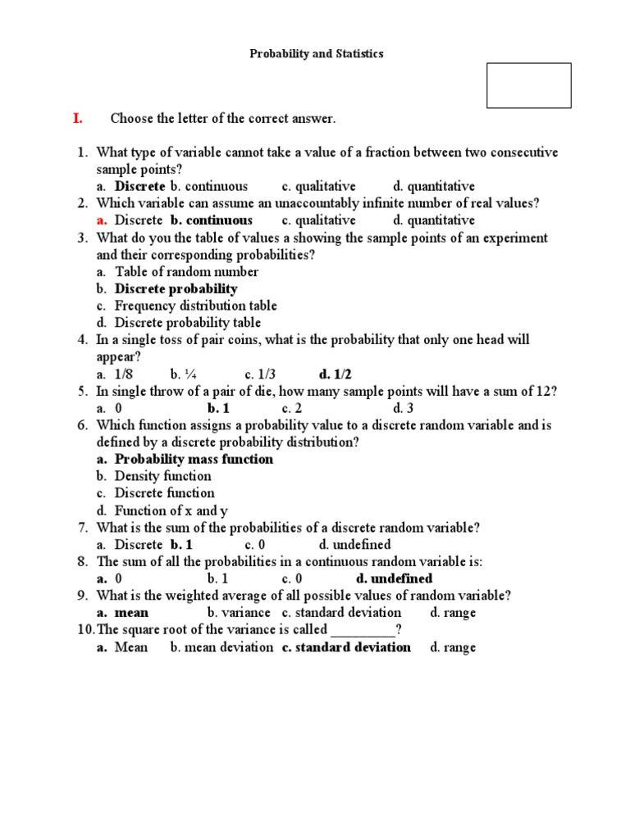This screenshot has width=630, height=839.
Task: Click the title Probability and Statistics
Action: point(316,53)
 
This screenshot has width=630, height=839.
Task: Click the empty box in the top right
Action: point(528,85)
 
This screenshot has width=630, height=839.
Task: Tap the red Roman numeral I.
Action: point(78,118)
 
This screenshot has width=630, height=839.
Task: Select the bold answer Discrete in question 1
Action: point(139,186)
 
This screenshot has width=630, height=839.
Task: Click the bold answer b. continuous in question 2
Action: point(212,220)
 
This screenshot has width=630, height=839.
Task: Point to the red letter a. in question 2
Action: point(102,220)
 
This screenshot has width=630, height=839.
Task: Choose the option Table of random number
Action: point(186,271)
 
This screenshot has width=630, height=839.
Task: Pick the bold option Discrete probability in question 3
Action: point(176,288)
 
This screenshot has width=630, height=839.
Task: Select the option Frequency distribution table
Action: point(195,306)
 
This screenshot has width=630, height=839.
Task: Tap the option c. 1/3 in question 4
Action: point(261,374)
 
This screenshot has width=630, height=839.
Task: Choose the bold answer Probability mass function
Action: point(194,459)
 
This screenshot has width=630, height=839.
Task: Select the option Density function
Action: point(162,476)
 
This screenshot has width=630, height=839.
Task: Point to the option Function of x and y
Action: point(171,510)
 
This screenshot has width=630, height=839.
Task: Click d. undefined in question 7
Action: point(354,544)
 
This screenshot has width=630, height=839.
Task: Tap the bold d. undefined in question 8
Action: point(394,578)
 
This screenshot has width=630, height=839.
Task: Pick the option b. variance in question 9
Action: point(239,612)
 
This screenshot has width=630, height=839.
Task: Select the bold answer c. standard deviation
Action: point(346,646)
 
